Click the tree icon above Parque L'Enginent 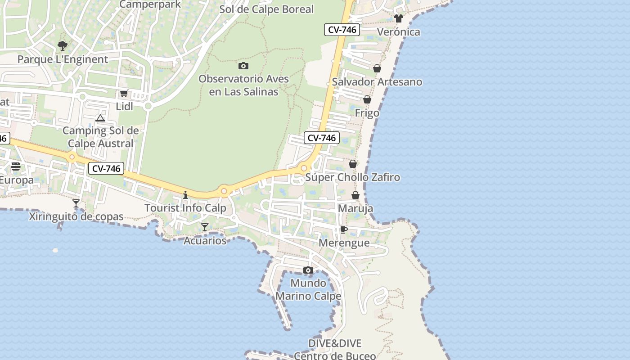point(63,45)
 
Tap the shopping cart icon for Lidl point(124,94)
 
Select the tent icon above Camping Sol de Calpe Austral point(100,118)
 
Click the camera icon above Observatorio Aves point(243,66)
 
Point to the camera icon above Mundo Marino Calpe point(308,270)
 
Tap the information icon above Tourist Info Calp point(185,195)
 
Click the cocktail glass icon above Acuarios point(205,227)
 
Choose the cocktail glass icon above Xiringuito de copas point(76,203)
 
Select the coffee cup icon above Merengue point(344,230)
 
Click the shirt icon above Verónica point(399,18)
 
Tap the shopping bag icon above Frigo point(367,99)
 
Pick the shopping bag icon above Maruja point(355,195)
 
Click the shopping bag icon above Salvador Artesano point(377,68)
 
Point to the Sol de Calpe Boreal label point(266,9)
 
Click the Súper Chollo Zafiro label point(353,177)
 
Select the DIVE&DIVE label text point(335,344)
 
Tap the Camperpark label point(150,4)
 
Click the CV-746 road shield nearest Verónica point(342,30)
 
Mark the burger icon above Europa point(16,166)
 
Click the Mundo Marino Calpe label point(308,290)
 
